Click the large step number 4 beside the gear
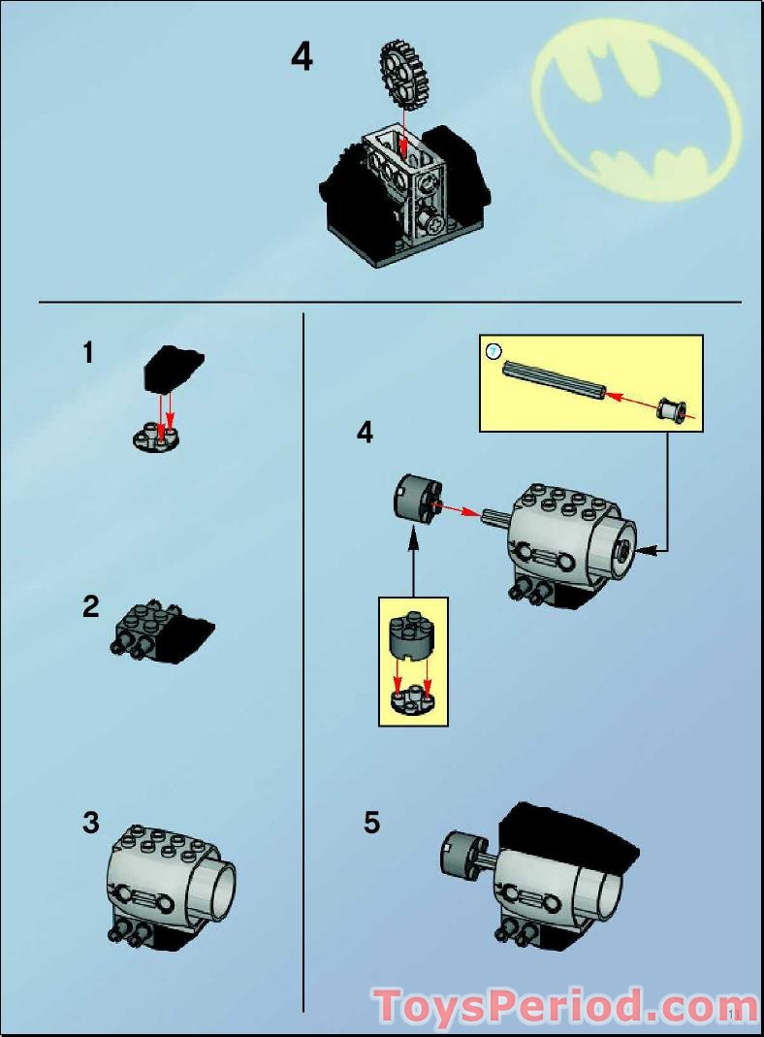[x=302, y=57]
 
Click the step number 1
[x=88, y=354]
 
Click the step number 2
[x=90, y=608]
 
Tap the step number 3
[x=90, y=824]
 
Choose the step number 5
[x=372, y=824]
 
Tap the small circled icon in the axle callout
[x=493, y=349]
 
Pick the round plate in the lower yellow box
[x=413, y=701]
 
